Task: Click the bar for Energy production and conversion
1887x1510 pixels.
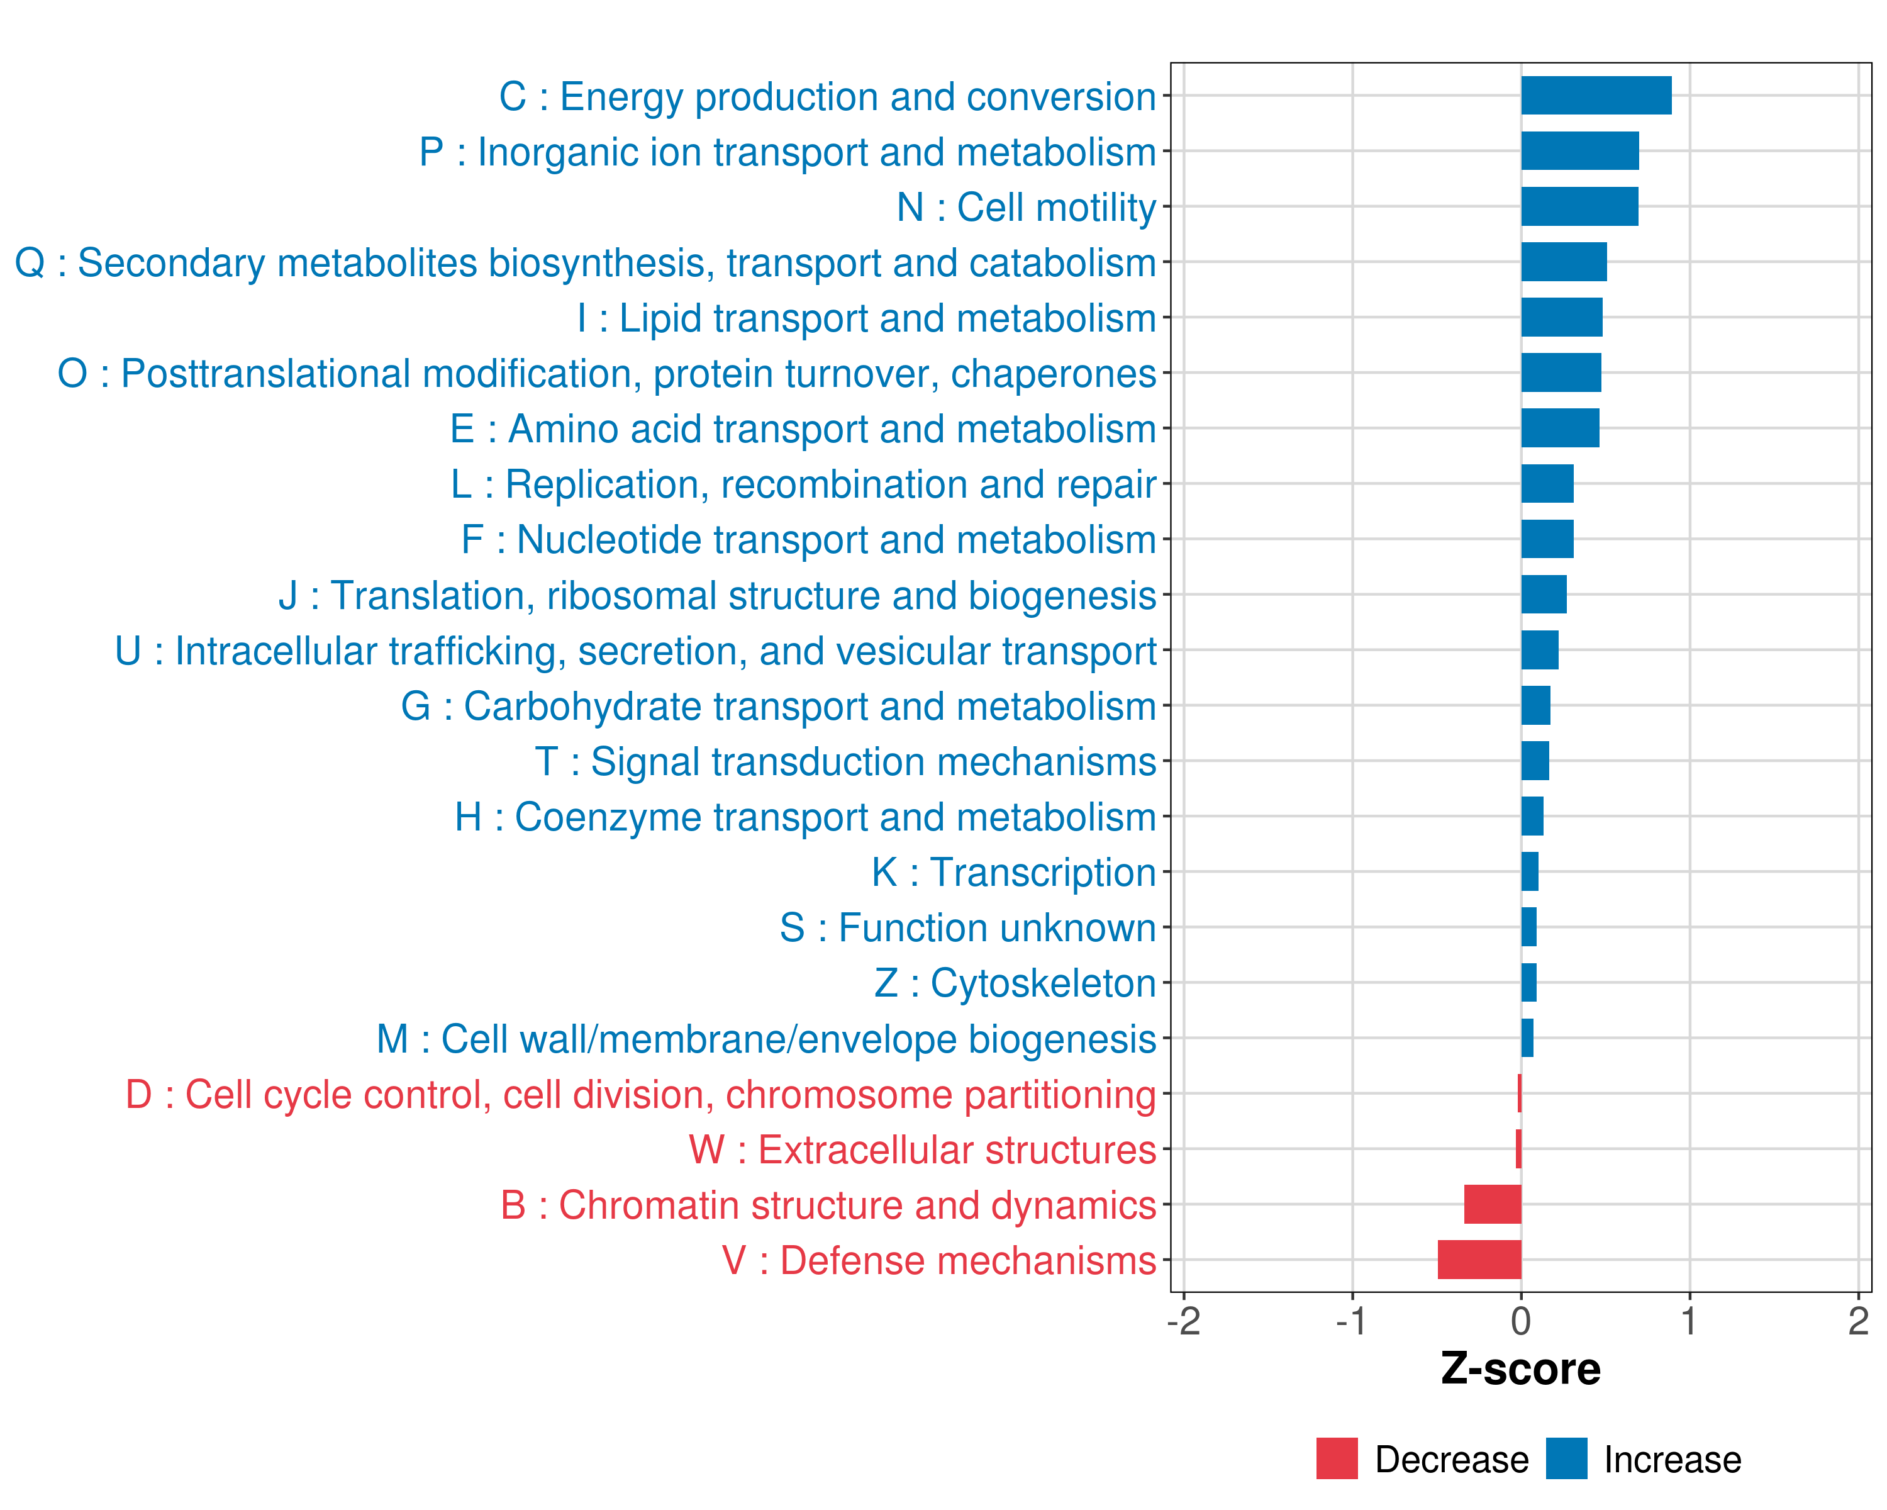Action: pos(1596,96)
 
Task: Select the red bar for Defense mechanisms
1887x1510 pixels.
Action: pos(1479,1260)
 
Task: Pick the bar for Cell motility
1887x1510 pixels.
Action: pos(1579,206)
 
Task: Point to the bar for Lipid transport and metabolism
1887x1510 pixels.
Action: pos(1561,317)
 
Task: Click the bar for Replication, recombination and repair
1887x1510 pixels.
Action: pos(1547,483)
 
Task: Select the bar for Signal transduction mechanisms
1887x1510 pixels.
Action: pos(1534,761)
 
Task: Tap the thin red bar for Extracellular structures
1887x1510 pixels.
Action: pos(1518,1148)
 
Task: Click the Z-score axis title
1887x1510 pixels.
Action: pos(1520,1369)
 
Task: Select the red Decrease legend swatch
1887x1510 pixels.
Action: pos(1337,1458)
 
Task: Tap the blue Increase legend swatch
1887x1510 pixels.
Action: pos(1566,1458)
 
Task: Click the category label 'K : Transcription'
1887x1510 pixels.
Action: pos(1013,873)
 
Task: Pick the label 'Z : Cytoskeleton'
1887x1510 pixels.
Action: pos(1015,983)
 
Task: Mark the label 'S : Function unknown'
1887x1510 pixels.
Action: pos(967,928)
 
